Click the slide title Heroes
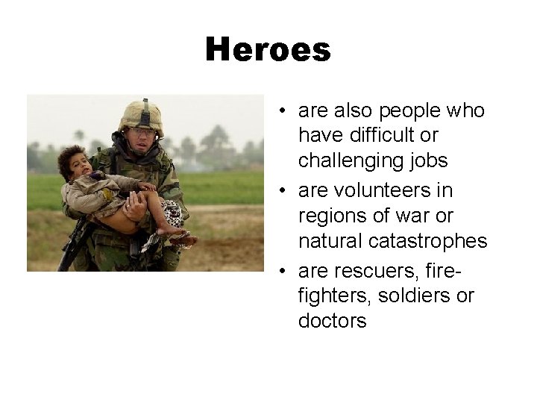tap(268, 50)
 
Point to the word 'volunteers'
tap(374, 190)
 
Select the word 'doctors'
tap(332, 322)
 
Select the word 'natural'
tap(325, 242)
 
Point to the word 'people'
tap(409, 110)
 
